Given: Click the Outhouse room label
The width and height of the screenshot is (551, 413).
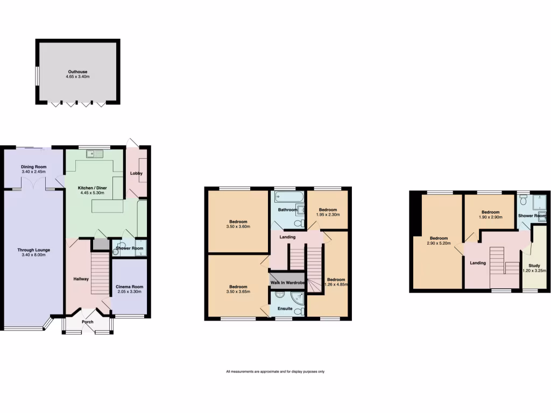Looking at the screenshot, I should [78, 72].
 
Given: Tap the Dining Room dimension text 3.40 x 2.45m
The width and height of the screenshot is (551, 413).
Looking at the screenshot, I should [34, 172].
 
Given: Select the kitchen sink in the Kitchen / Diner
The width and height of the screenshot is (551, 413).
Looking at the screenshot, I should [95, 154].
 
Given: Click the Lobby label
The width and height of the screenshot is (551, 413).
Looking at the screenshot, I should [136, 173].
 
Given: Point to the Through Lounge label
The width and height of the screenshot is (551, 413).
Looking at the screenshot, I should [33, 250].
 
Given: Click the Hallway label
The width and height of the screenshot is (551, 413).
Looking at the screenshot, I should [81, 279].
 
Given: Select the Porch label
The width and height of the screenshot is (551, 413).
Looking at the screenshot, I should [87, 322].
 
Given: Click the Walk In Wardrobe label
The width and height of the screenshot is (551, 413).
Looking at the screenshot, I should [287, 283].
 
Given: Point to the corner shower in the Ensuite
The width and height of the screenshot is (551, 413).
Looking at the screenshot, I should [296, 298].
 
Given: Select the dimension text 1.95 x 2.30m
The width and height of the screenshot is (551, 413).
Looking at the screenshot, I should [328, 215].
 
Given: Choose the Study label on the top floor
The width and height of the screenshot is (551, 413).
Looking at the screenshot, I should [534, 266].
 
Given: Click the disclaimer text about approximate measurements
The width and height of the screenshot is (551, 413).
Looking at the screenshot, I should [275, 372].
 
